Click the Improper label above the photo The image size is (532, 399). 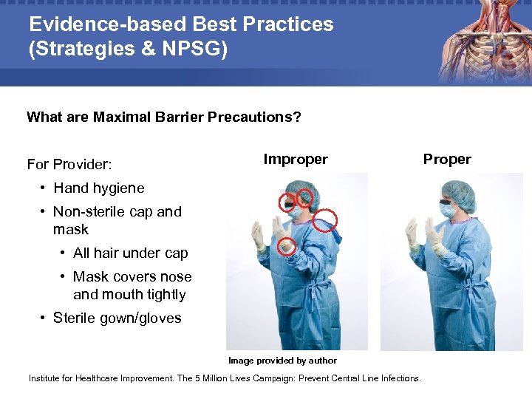point(296,159)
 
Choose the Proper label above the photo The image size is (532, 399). point(446,160)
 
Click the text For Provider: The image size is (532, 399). point(69,163)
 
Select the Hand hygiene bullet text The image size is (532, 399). point(99,188)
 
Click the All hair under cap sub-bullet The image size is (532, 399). point(130,253)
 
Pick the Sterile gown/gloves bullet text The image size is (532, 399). point(117,318)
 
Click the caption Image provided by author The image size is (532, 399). point(282,361)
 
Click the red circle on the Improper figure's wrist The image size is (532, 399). point(287,247)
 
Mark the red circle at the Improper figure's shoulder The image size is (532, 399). point(325,219)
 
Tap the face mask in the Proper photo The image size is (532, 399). point(448,210)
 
